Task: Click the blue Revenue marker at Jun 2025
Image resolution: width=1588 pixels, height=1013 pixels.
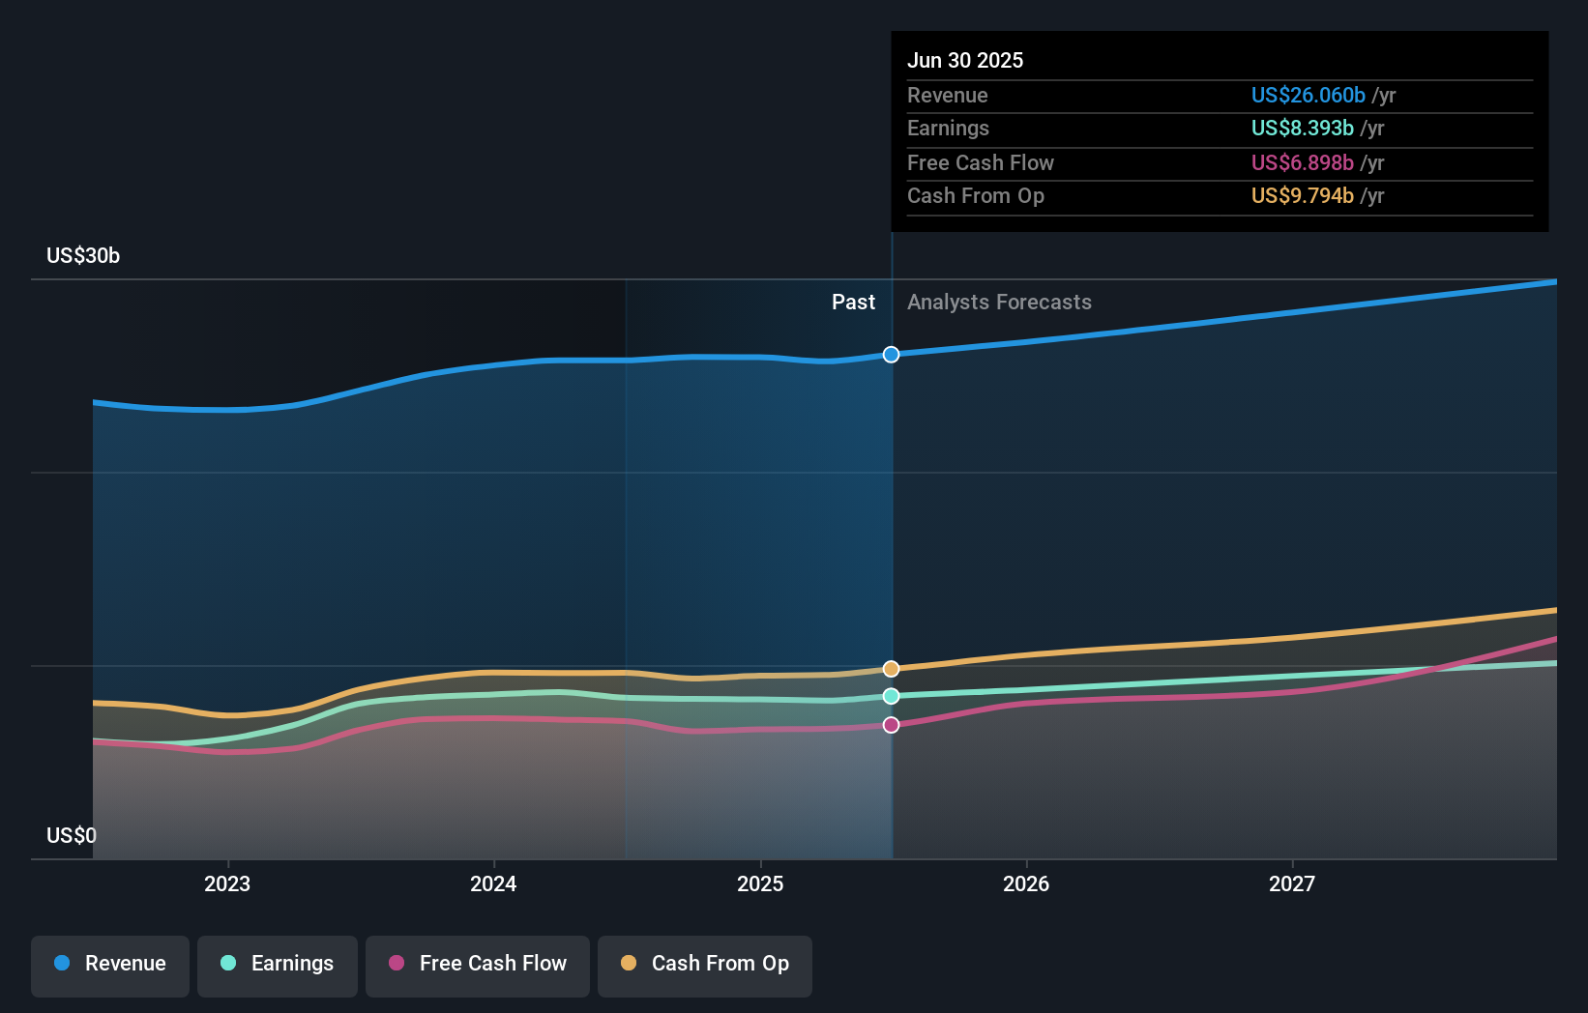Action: point(891,355)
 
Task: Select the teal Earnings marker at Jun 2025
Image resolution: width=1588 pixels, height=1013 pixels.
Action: point(891,696)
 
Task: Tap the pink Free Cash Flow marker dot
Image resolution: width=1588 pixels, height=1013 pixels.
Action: point(891,725)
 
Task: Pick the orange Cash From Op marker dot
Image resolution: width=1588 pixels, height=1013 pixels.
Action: point(891,669)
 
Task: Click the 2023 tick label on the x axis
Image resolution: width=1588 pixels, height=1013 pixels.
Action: point(227,883)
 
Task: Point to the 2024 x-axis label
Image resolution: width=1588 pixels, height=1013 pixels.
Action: point(493,883)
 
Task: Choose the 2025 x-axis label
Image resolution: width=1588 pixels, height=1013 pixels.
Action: point(760,883)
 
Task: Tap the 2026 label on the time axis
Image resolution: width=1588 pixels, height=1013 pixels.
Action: point(1026,883)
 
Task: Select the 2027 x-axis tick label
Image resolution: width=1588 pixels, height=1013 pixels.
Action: point(1292,883)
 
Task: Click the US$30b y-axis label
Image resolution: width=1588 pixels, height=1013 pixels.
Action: point(83,256)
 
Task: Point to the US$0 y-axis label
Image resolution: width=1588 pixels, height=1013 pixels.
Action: point(72,835)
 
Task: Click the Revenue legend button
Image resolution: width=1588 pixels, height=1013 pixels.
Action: point(110,964)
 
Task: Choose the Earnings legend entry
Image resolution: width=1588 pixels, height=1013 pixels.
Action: point(278,964)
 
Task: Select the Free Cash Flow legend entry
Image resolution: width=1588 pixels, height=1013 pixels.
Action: point(478,964)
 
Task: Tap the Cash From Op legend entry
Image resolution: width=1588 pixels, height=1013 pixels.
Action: point(705,964)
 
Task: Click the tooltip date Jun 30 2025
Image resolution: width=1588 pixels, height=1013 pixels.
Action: point(965,60)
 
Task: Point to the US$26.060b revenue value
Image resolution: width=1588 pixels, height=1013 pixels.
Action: point(1308,95)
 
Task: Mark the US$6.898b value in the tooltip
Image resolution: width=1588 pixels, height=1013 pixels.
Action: point(1302,162)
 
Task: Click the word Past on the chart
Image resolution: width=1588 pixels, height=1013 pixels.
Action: point(853,303)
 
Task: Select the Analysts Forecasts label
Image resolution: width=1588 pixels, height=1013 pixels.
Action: point(999,303)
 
